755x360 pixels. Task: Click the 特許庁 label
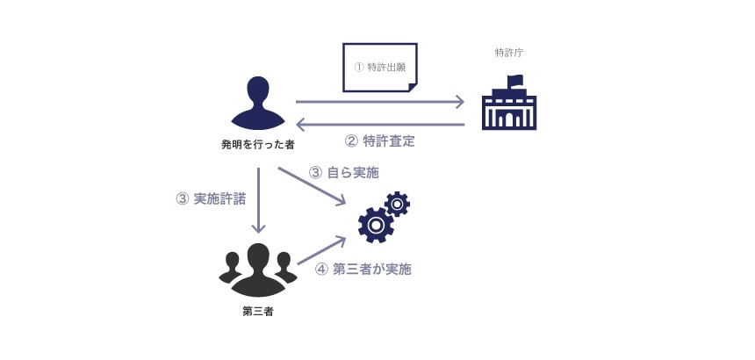509,54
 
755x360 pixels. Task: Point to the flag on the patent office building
515,81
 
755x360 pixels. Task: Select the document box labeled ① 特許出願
379,67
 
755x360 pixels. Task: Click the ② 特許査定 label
379,140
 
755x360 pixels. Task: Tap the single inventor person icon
257,103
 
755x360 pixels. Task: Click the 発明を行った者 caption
257,142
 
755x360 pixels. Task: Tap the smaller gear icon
397,204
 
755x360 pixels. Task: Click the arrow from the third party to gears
321,251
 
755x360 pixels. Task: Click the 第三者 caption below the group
257,311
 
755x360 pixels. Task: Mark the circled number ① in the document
358,67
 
